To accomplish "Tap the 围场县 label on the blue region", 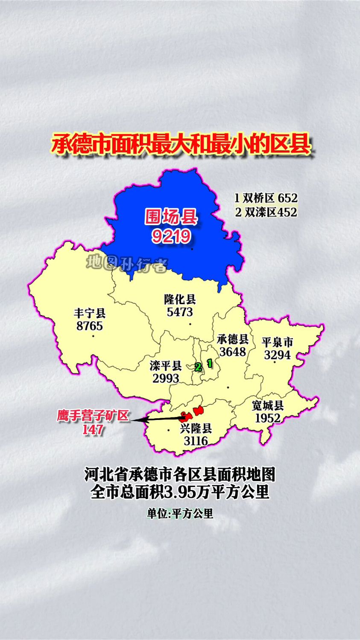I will (171, 217).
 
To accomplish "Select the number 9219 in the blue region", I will (171, 236).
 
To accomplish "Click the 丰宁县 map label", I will (90, 313).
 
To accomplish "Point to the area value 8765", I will (90, 326).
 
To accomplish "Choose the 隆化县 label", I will (180, 299).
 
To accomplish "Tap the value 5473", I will (180, 312).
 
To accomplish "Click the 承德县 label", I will (233, 339).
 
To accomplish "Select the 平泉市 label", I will (278, 342).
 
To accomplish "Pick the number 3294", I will (278, 355).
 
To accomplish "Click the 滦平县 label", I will (166, 366).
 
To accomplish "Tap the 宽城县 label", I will (268, 405).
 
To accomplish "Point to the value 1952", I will (268, 418).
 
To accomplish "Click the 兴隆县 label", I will (196, 428).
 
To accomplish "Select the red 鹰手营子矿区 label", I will (93, 416).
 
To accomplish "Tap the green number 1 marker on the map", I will (209, 363).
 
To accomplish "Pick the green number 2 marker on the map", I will (198, 367).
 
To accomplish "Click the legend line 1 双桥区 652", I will (266, 198).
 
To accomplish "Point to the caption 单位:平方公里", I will (180, 514).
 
